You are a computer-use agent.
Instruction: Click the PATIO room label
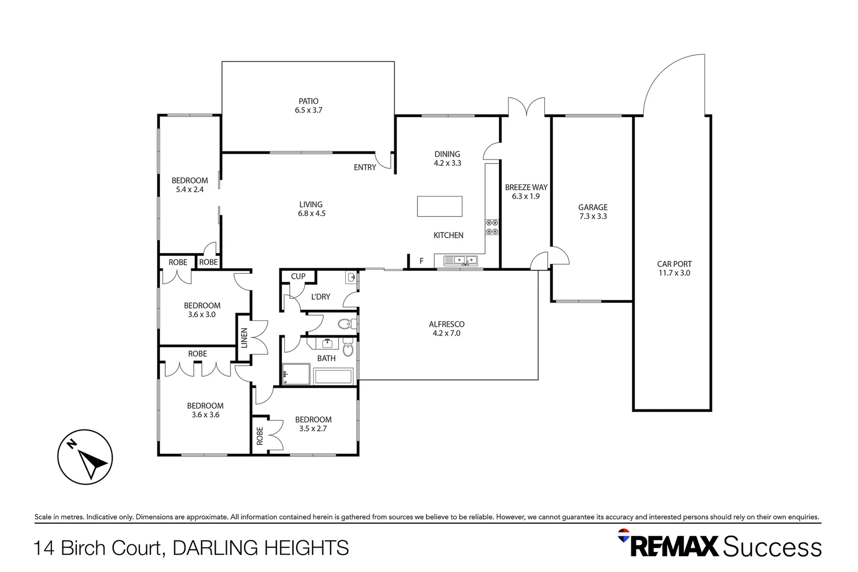[x=308, y=101]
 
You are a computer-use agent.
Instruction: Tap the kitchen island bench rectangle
[x=440, y=206]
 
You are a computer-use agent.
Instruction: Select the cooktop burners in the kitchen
[x=492, y=227]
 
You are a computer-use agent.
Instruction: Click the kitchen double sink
[x=460, y=260]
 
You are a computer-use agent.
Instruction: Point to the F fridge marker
[x=422, y=261]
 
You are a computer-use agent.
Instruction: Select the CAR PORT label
[x=674, y=264]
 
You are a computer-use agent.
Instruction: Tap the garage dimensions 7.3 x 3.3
[x=593, y=217]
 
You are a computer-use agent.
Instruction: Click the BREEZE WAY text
[x=526, y=187]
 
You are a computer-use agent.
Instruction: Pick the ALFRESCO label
[x=446, y=324]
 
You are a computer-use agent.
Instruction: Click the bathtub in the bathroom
[x=333, y=377]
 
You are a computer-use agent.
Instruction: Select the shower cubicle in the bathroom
[x=296, y=374]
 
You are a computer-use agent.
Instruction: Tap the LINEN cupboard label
[x=244, y=338]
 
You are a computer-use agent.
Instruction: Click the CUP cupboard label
[x=298, y=276]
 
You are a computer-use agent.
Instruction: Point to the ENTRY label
[x=365, y=167]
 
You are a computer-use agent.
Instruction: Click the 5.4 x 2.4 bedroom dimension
[x=190, y=190]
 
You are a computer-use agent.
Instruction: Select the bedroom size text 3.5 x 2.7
[x=313, y=429]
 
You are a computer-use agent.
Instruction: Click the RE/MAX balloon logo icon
[x=624, y=535]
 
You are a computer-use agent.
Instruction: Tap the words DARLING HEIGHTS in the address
[x=261, y=548]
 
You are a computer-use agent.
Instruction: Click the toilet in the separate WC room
[x=345, y=324]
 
